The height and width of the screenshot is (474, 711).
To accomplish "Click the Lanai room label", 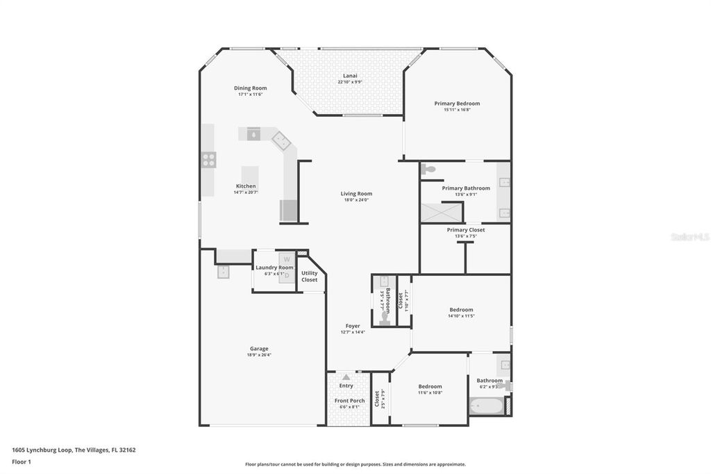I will click(350, 76).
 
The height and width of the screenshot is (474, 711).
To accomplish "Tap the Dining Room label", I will click(250, 88).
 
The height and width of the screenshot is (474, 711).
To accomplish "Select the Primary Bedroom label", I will click(457, 104).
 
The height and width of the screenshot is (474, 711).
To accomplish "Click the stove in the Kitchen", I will click(208, 160).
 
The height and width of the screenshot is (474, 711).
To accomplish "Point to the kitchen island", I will click(250, 174).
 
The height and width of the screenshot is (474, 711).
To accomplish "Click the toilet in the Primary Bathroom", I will click(428, 169).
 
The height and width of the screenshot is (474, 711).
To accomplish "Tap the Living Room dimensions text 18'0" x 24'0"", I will click(356, 200).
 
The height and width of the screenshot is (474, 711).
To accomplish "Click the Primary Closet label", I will click(466, 230).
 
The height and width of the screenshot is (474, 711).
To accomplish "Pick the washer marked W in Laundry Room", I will click(286, 259).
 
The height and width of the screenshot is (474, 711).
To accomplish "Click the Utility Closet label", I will click(310, 277).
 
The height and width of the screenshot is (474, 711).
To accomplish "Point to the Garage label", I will click(259, 349).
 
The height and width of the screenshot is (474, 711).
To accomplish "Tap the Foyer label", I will click(353, 326).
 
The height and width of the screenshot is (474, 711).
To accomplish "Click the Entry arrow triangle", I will click(346, 377).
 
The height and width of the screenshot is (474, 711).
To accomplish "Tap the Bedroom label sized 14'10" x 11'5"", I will click(461, 310).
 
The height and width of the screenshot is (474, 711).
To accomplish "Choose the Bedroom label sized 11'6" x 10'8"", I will click(430, 386).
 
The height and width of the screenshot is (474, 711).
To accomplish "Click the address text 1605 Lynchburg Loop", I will click(42, 450).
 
